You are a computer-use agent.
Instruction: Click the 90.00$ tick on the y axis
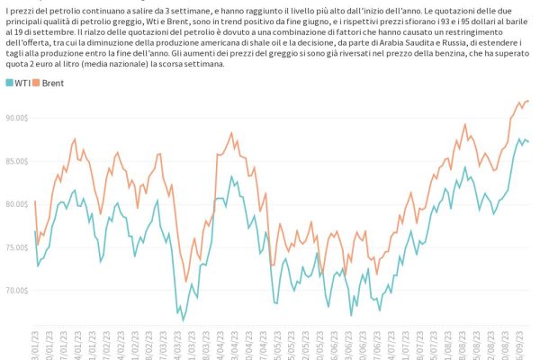click(x=18, y=118)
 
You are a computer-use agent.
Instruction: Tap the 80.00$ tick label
click(x=18, y=204)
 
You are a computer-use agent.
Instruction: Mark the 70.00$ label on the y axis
click(x=18, y=291)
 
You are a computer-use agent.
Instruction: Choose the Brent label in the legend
click(x=52, y=83)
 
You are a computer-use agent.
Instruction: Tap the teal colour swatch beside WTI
click(x=9, y=83)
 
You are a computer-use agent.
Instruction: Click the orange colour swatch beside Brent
click(x=37, y=83)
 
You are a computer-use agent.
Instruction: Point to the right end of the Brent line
click(x=528, y=101)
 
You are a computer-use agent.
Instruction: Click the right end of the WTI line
click(x=528, y=142)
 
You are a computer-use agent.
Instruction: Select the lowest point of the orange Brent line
click(x=186, y=282)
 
